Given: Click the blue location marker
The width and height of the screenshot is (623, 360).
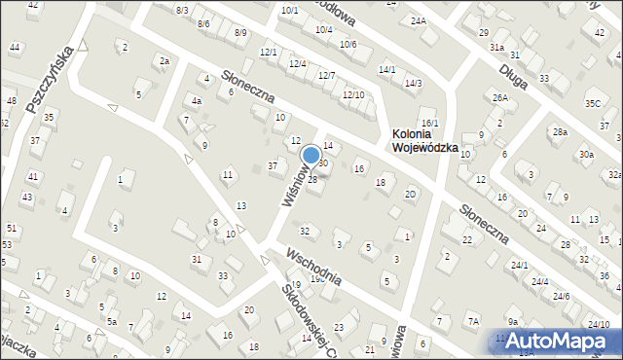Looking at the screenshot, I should pos(311,155).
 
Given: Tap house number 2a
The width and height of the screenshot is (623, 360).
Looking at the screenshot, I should pos(165,61).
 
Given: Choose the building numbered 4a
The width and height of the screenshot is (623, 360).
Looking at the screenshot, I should pos(196,100).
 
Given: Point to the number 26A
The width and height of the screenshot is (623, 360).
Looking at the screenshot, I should pos(500,98).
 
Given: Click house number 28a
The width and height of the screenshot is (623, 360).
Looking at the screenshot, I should pos(560,131).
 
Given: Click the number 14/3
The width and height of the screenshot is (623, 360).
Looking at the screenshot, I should pos(414,84).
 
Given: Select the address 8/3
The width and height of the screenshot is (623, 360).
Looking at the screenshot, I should pos(182,10).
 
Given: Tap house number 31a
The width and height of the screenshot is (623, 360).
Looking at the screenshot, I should pos(496,47).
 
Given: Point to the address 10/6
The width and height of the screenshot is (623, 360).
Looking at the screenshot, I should pos(348,45).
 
